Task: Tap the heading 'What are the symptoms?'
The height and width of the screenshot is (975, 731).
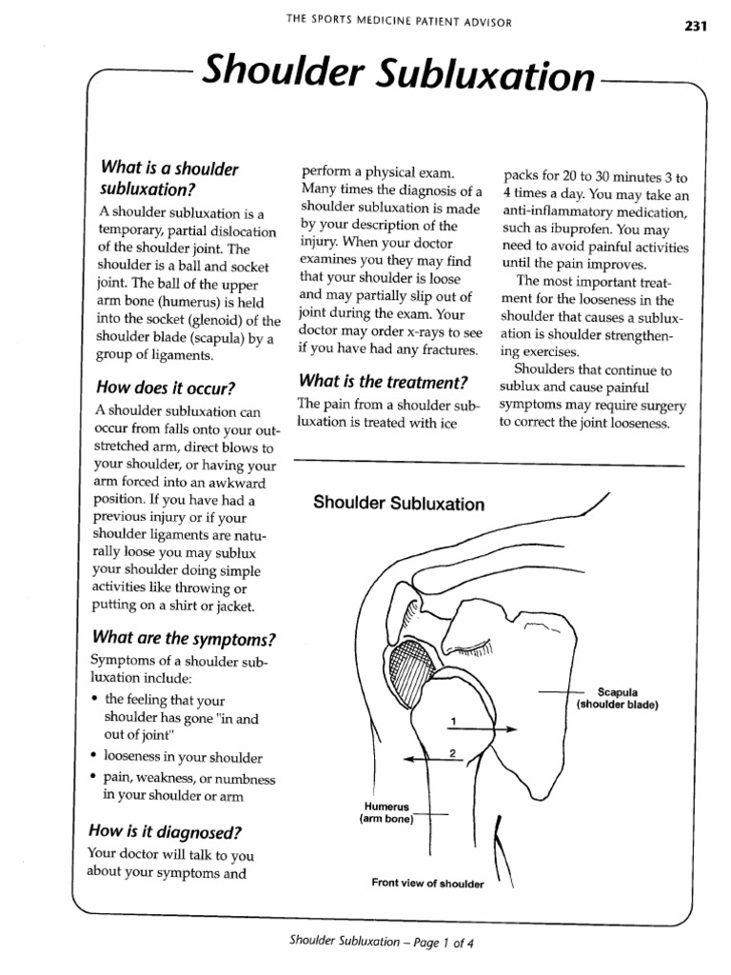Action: coord(185,637)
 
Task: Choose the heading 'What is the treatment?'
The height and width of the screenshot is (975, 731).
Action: coord(383,382)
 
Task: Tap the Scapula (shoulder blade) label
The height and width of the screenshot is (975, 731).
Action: coord(617,699)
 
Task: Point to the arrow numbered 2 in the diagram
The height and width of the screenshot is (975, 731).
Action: coord(428,760)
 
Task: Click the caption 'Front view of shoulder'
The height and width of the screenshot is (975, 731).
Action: coord(427,884)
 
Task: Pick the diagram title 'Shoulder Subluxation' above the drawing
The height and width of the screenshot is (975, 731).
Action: coord(399,504)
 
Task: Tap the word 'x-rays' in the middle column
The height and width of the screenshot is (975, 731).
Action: coord(429,331)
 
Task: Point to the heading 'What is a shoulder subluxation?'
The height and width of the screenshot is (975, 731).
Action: coord(168,177)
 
